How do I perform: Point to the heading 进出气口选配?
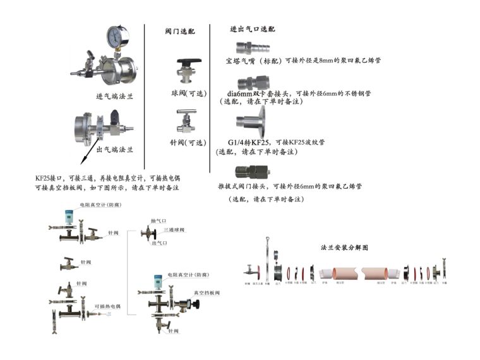252,30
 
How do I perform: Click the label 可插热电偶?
105,306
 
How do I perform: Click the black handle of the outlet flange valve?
114,117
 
